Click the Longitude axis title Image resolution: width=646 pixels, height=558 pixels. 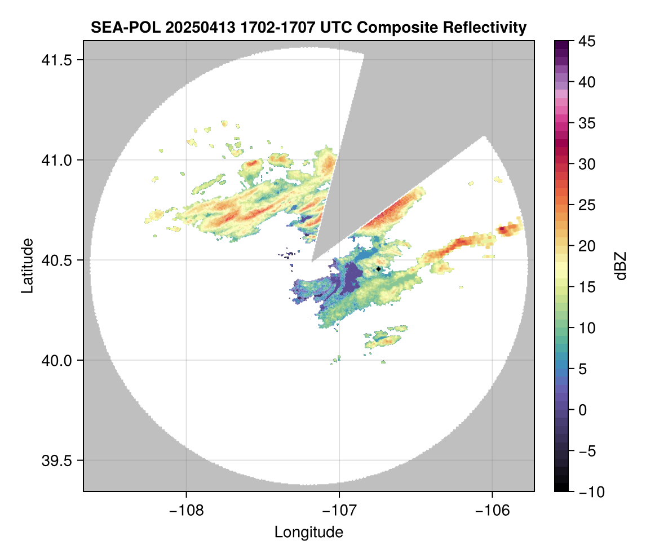point(309,532)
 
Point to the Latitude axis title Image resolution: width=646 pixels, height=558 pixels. point(27,265)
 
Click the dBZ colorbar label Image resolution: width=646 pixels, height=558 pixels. point(621,266)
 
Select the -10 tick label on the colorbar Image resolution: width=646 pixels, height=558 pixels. point(589,491)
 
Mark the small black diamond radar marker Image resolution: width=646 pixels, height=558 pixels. point(378,269)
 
